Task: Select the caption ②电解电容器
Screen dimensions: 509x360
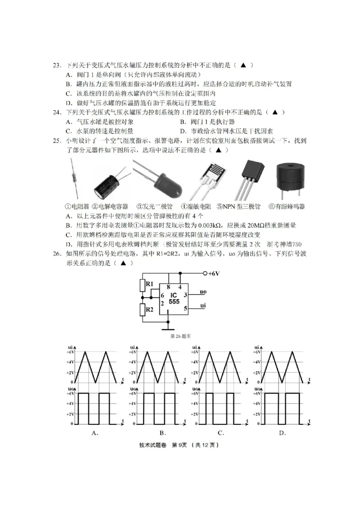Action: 109,206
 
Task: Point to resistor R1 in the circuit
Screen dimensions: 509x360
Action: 143,286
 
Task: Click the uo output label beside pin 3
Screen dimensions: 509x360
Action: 203,292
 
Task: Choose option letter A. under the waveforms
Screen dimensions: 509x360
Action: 95,433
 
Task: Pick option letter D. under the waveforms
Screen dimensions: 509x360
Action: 282,433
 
